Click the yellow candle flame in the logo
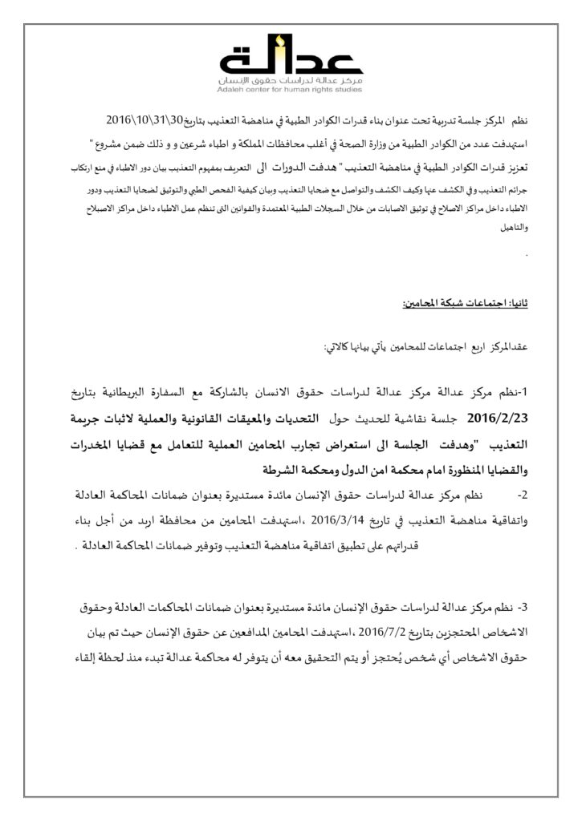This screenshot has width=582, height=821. pos(277,41)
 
